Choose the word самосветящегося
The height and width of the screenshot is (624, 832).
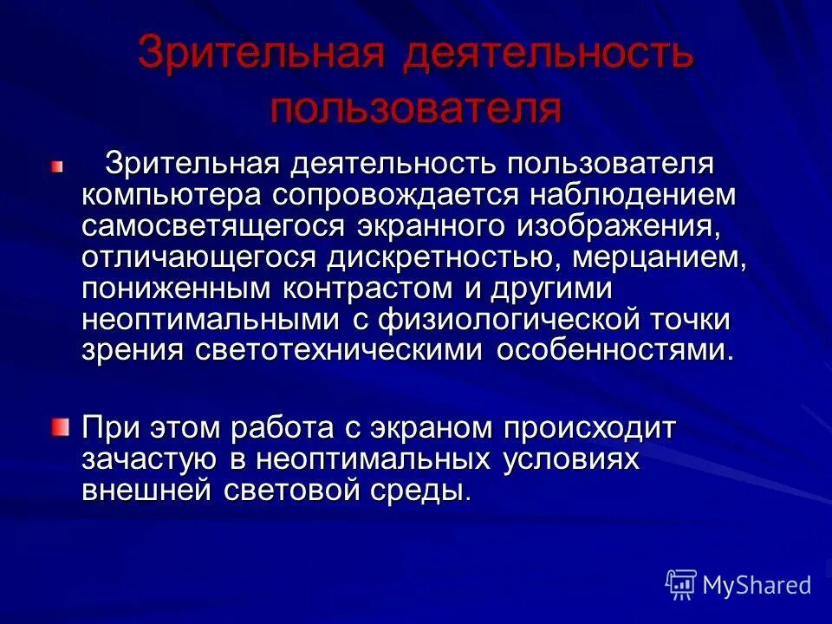click(213, 227)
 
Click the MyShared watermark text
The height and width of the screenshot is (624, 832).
click(757, 585)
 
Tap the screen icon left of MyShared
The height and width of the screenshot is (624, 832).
click(681, 584)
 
